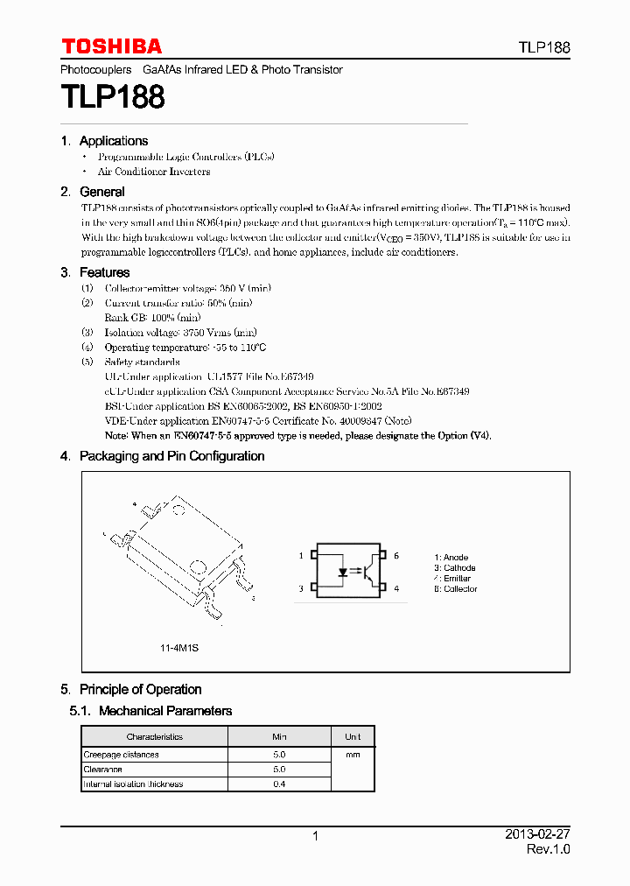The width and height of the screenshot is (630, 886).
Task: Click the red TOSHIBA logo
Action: click(111, 46)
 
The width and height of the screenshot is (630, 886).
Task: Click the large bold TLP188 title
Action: click(112, 97)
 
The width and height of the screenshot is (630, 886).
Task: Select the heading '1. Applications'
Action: click(104, 141)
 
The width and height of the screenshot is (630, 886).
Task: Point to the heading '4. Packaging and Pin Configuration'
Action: click(162, 456)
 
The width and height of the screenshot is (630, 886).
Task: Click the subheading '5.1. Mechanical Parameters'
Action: click(151, 711)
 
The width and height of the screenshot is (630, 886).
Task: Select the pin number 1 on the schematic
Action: click(301, 556)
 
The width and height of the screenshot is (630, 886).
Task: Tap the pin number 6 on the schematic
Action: click(396, 556)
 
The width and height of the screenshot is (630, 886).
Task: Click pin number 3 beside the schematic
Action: click(301, 589)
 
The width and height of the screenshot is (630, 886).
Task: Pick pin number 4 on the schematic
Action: click(396, 589)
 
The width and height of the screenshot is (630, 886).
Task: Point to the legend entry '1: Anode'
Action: click(451, 557)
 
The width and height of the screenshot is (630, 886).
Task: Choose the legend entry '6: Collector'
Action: click(456, 589)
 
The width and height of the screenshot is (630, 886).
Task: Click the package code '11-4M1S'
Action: click(178, 648)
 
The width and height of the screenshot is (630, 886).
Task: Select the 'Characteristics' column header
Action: click(155, 737)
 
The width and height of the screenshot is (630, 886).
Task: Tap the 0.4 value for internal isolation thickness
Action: click(279, 784)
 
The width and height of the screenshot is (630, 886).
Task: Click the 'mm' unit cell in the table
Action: click(353, 754)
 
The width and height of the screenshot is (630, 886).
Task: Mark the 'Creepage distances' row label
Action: click(122, 755)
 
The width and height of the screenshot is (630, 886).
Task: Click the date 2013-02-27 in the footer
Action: click(537, 835)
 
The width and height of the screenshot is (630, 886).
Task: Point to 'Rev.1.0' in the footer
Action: click(548, 850)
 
